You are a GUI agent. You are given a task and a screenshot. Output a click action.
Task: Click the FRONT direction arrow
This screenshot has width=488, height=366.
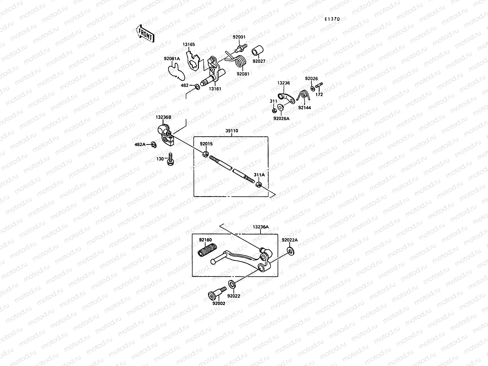pos(145,34)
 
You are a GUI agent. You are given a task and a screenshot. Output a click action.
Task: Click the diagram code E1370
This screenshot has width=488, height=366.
pos(332,19)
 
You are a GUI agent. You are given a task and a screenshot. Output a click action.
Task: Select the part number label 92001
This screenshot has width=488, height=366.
pos(239,37)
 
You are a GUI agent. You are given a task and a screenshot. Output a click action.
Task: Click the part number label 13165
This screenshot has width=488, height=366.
pos(189,45)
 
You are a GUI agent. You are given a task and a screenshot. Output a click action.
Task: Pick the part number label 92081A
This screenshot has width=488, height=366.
pos(172,59)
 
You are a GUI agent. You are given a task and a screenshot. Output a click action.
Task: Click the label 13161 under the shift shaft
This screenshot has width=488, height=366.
pos(215,89)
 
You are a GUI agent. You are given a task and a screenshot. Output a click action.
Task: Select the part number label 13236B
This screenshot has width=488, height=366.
pos(163,117)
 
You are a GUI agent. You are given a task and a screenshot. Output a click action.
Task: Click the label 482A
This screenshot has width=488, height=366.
pos(140,144)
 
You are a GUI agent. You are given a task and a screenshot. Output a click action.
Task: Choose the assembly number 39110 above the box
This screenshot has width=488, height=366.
pos(232,131)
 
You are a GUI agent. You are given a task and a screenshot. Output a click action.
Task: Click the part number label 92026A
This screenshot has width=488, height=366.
pos(281,119)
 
